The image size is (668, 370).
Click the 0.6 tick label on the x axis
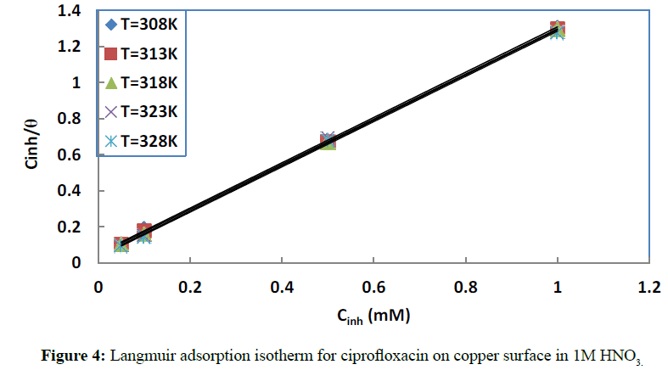pos(373,288)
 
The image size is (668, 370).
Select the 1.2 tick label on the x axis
pos(648,288)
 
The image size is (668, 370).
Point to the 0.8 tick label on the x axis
pos(465,288)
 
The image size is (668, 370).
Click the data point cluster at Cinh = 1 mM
pos(557,31)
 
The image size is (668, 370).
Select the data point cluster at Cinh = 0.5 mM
pos(328,141)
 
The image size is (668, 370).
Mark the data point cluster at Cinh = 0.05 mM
pos(121,244)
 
